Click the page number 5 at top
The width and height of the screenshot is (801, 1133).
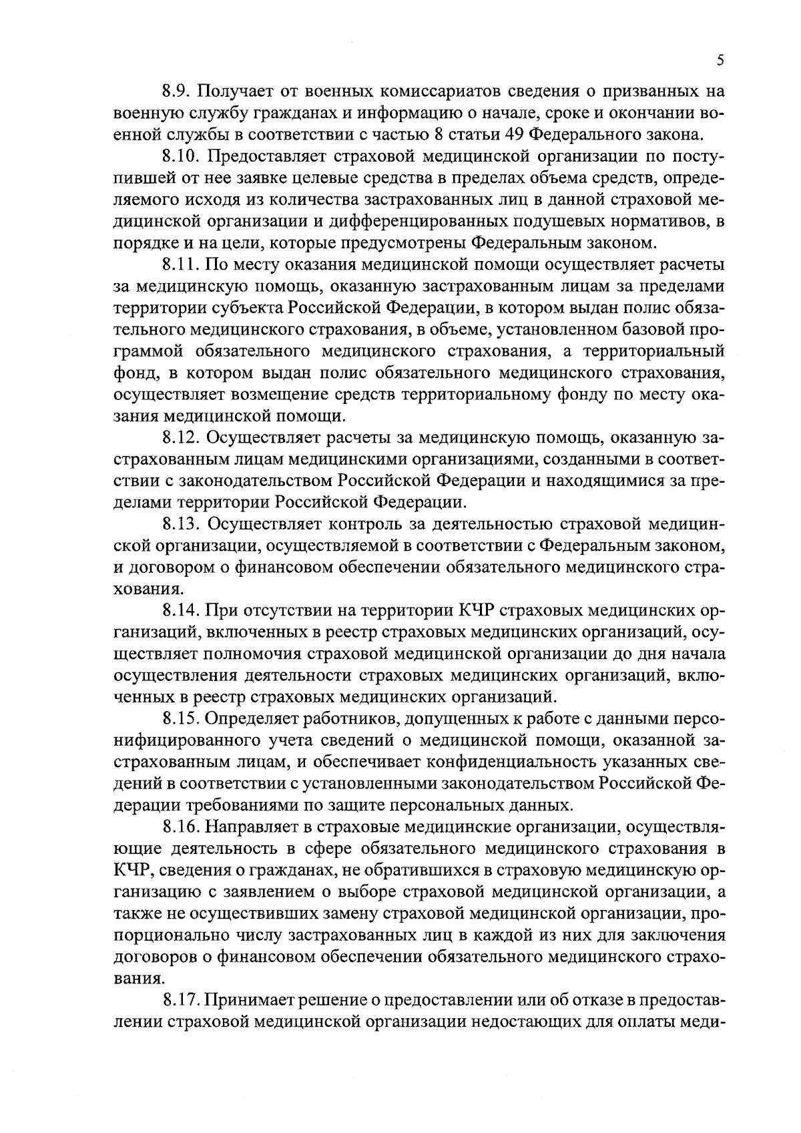coord(720,61)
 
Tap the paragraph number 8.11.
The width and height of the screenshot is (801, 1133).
coord(182,265)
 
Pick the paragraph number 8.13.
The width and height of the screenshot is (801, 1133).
coord(182,525)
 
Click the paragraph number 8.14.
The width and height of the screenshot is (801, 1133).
coord(182,612)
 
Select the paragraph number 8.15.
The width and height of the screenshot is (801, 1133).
coord(182,720)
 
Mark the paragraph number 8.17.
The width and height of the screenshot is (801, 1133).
coord(182,1001)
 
